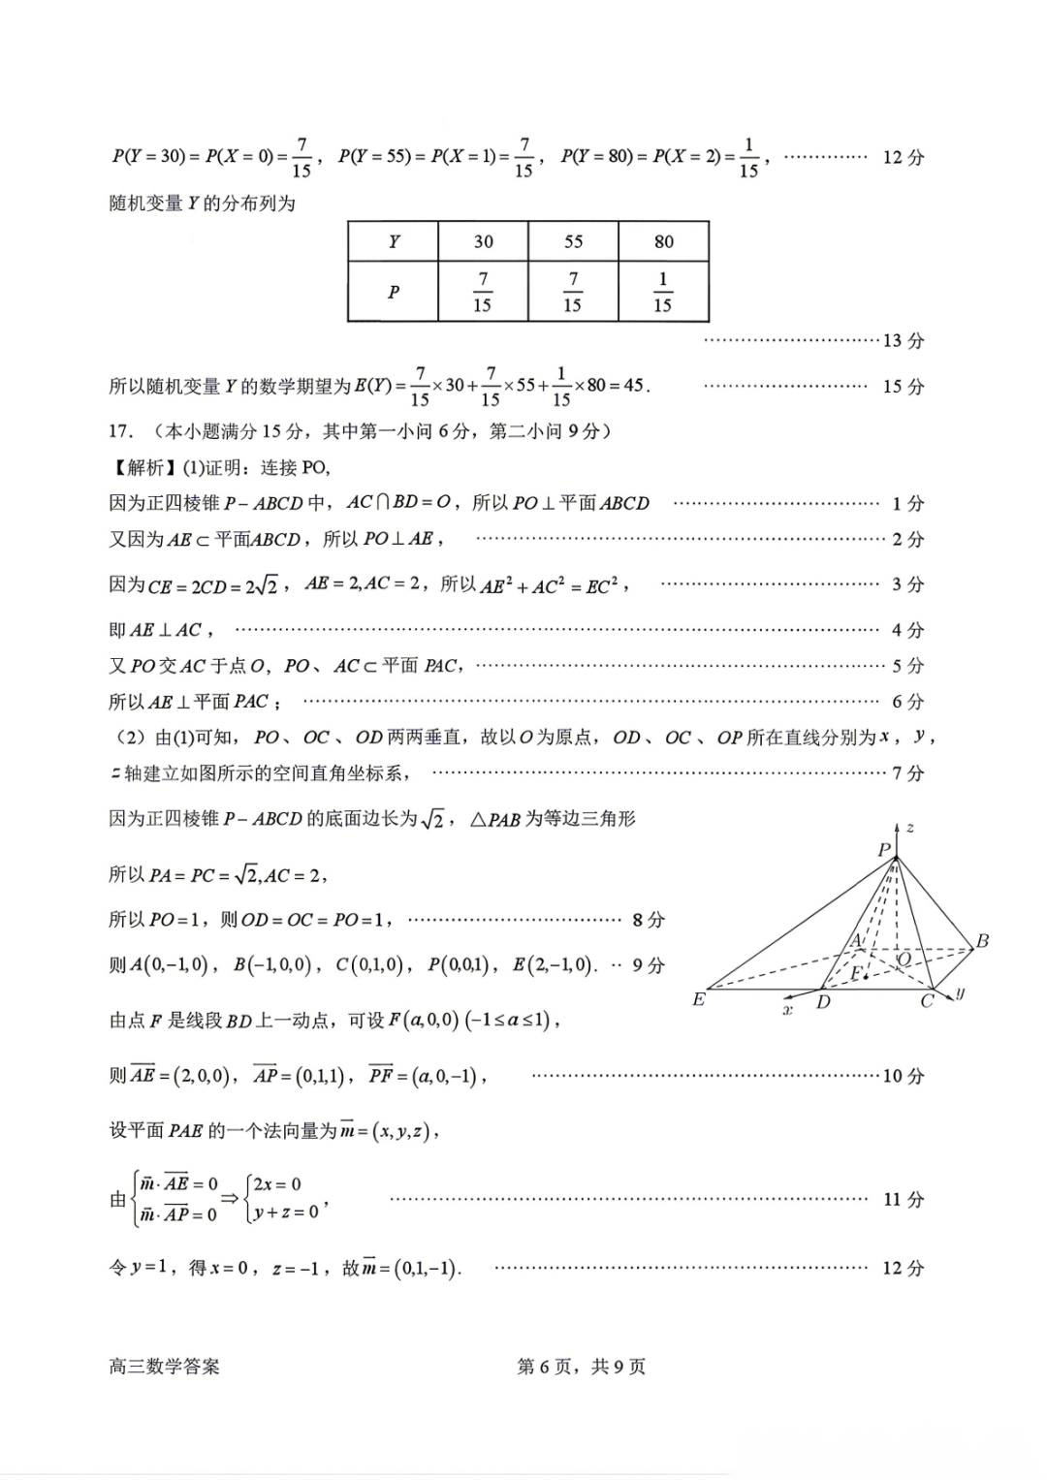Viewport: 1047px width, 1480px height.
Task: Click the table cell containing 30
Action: (x=483, y=241)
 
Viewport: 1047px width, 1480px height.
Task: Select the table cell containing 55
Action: (x=573, y=241)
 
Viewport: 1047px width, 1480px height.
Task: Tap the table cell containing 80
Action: (x=663, y=241)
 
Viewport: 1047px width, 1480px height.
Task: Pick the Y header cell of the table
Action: (x=394, y=241)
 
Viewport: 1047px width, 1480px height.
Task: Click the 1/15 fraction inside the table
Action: (x=663, y=292)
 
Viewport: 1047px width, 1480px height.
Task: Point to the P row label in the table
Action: (x=394, y=292)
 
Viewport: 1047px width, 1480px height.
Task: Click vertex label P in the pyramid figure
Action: (x=883, y=850)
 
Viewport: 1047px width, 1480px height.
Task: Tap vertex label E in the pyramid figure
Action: (x=698, y=999)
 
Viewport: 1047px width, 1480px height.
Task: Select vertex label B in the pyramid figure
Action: (x=982, y=940)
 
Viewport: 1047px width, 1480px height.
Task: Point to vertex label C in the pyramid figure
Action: (x=927, y=1001)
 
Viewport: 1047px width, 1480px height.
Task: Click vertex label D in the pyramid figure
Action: (x=823, y=1002)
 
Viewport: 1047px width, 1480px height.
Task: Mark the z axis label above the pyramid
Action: (x=909, y=828)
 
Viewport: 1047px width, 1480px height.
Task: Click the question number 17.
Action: (x=120, y=431)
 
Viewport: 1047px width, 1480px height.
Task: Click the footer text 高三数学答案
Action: (x=165, y=1367)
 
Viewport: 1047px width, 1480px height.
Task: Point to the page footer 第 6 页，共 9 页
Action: (x=582, y=1367)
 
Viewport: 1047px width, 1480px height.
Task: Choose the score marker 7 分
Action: (x=908, y=773)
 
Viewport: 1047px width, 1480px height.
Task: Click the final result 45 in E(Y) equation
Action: (x=633, y=386)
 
